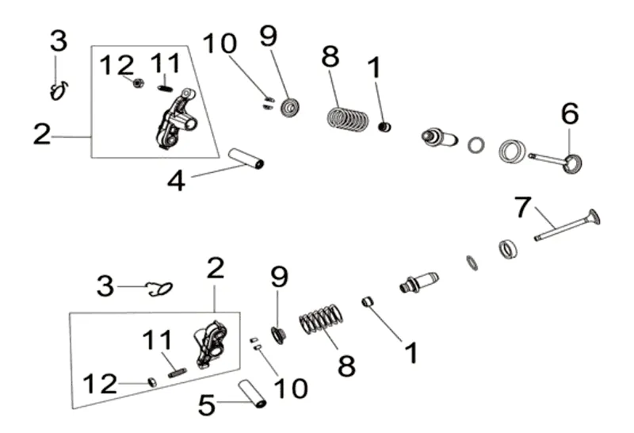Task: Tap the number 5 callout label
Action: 206,407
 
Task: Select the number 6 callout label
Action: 569,115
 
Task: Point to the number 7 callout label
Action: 521,208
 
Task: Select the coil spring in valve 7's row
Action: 323,323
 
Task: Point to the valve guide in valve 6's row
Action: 440,138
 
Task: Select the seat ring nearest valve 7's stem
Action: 506,249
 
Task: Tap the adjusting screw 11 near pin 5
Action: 176,369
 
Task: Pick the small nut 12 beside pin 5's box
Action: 152,383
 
